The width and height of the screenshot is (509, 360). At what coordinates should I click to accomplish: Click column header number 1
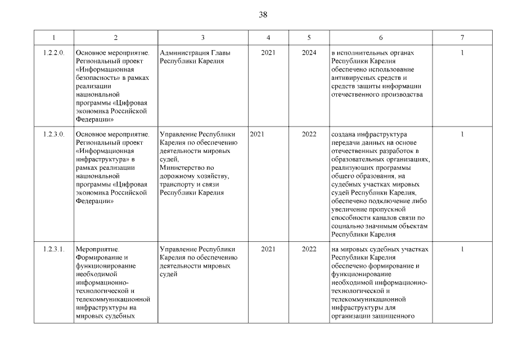tap(53, 37)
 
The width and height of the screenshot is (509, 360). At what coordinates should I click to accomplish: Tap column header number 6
tap(381, 37)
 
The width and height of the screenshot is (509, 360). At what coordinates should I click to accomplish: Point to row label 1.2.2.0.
tap(54, 53)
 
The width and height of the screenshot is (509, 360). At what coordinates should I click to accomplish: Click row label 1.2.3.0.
tap(54, 134)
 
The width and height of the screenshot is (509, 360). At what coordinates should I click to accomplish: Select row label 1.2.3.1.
tap(54, 249)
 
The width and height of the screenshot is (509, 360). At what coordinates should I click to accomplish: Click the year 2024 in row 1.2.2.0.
tap(309, 53)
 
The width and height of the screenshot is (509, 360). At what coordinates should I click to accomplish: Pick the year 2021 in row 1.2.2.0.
tap(268, 53)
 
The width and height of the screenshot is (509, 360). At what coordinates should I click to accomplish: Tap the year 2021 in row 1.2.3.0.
tap(257, 134)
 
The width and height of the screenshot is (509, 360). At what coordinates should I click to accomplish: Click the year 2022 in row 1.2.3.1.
tap(309, 249)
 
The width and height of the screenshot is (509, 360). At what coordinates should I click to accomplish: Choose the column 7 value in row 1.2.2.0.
tap(462, 53)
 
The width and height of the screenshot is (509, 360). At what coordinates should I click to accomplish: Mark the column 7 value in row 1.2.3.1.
tap(462, 249)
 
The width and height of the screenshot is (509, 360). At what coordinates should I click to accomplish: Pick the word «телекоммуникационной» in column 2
tap(112, 299)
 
